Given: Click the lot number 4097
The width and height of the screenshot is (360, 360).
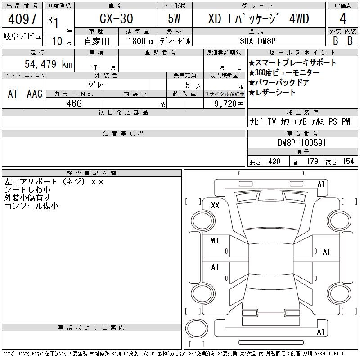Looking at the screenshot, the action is coord(22,19).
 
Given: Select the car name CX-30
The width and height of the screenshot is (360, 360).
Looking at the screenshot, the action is coord(116,18).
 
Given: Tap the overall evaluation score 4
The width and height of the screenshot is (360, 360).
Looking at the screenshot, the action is coord(343,18).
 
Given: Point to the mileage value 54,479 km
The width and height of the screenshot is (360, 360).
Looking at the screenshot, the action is coord(49,64).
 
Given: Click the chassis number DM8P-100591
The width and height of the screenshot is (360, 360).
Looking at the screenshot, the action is coord(302,143).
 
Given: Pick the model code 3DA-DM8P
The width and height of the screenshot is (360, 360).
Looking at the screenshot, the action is coord(257,41).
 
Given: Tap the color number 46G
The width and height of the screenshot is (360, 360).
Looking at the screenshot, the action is coord(74,103).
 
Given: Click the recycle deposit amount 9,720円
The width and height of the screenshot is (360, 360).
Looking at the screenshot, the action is coord(229,104).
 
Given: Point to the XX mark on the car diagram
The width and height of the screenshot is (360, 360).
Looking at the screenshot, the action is coord(215,205).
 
